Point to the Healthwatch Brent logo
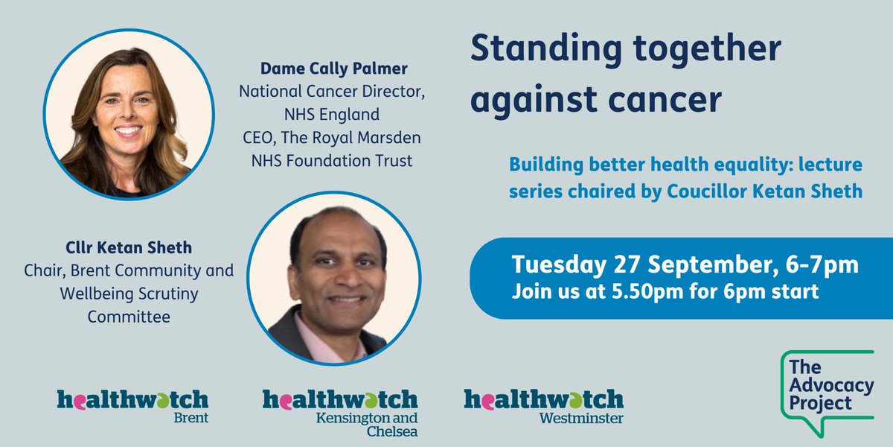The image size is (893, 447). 133,405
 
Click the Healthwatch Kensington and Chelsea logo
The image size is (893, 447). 339,410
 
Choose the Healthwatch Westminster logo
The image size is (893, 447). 544,405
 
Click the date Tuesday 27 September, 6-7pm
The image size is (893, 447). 685,264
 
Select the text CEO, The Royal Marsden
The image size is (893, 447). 324,138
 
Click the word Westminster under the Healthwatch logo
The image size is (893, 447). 581,418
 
